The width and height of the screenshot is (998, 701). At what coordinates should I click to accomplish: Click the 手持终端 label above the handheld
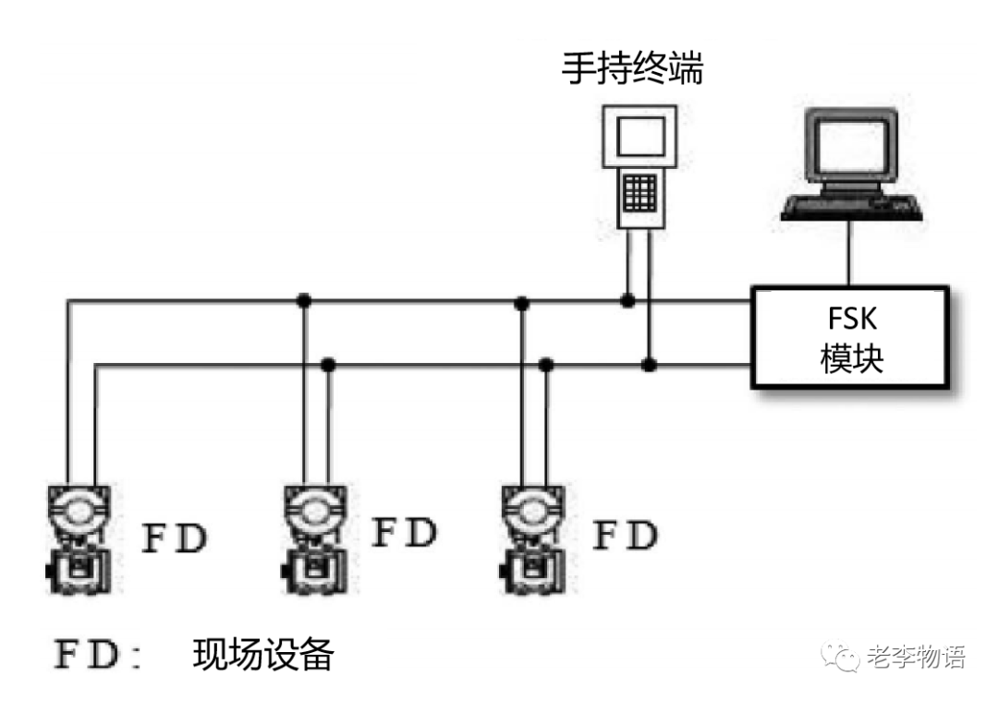click(633, 69)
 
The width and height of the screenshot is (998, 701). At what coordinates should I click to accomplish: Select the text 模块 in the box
click(851, 358)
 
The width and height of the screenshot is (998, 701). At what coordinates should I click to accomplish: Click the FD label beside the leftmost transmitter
click(174, 538)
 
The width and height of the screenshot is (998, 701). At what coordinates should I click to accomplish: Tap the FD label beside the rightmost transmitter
click(625, 536)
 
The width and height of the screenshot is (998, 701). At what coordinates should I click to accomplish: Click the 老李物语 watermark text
click(916, 658)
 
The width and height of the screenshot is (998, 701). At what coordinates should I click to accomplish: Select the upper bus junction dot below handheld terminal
click(627, 300)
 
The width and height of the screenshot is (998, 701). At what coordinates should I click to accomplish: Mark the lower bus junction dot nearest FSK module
click(650, 365)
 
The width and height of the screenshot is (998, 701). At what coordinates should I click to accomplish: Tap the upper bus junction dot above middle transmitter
click(303, 300)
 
